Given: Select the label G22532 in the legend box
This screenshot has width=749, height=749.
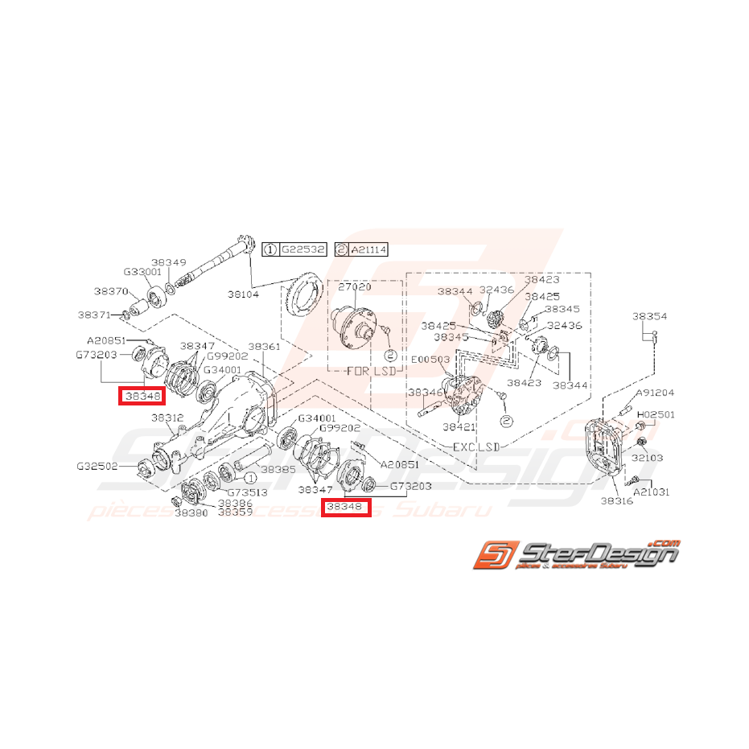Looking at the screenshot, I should (x=302, y=250).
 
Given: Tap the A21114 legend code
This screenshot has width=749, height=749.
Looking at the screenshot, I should (x=368, y=250).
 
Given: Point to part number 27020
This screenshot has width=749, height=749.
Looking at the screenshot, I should (x=354, y=287).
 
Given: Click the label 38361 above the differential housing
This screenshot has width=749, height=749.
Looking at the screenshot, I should (x=264, y=347).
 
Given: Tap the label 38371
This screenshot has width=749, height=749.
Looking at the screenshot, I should (x=94, y=315).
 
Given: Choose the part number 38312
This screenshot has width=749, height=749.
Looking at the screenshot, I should (x=167, y=418).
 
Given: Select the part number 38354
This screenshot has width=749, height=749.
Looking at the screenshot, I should (x=649, y=317).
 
